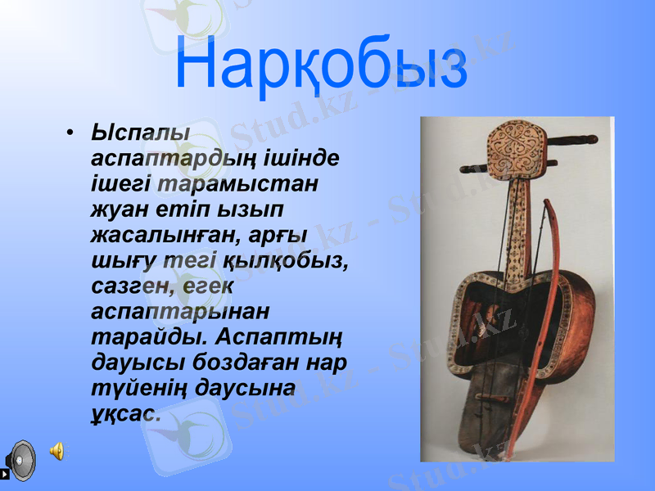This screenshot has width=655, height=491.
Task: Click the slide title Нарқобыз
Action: [x=321, y=64]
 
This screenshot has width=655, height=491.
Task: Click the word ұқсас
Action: [x=124, y=413]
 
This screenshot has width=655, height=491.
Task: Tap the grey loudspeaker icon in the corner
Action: [x=20, y=460]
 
